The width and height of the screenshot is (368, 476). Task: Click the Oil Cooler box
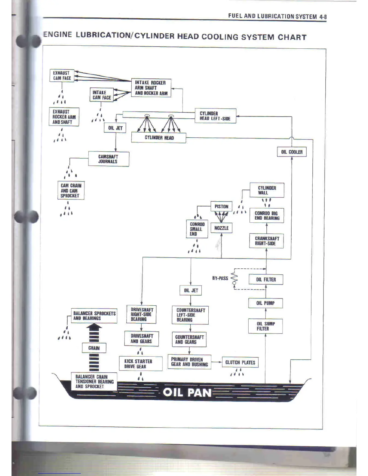(292, 152)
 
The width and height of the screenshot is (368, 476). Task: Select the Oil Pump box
(265, 303)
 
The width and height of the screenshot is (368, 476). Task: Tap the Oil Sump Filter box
(265, 326)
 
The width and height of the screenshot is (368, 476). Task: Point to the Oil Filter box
(266, 279)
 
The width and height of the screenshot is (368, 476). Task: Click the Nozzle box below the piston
(221, 228)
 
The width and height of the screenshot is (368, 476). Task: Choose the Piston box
(221, 206)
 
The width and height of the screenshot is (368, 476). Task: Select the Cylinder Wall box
(267, 190)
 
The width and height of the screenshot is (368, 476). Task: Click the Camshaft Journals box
(109, 159)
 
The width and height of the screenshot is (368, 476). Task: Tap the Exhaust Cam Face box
(62, 75)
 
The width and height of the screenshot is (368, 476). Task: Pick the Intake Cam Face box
(102, 95)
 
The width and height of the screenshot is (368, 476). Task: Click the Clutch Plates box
(240, 362)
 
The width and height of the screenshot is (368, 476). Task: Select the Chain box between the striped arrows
(94, 348)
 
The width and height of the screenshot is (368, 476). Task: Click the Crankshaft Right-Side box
(266, 241)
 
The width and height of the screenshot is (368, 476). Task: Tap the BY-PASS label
(220, 278)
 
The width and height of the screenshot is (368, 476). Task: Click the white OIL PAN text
(187, 392)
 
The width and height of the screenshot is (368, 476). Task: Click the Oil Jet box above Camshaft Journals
(115, 128)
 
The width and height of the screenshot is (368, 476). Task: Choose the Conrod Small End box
(197, 229)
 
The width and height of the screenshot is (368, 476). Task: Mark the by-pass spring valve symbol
(235, 279)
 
